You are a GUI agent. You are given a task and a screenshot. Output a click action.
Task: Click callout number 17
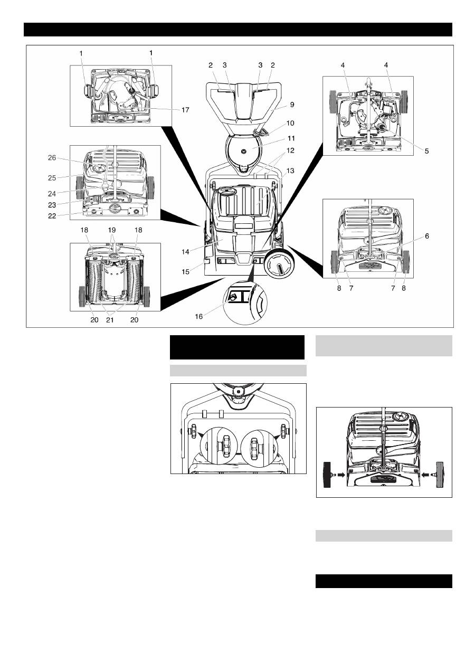click(x=185, y=110)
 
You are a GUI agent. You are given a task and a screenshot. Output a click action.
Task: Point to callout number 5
click(x=427, y=151)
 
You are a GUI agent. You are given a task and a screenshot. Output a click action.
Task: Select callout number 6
click(x=427, y=236)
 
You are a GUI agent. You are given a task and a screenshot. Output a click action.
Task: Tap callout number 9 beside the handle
click(x=292, y=105)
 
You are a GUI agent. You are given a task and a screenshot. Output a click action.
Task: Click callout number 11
click(x=291, y=138)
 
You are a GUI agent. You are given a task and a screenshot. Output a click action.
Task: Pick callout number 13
click(x=290, y=171)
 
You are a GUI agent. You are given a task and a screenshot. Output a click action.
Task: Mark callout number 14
click(x=185, y=252)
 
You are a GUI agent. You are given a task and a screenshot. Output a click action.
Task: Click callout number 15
click(x=185, y=271)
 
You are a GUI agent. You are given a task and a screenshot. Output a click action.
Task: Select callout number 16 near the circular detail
click(x=199, y=316)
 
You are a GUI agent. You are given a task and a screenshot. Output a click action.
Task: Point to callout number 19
click(x=111, y=230)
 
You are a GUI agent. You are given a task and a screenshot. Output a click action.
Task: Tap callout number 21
click(x=110, y=320)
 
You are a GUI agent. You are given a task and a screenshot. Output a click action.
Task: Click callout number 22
click(x=52, y=216)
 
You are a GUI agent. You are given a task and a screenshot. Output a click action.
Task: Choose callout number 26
click(x=52, y=158)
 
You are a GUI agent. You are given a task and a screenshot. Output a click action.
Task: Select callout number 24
click(x=52, y=194)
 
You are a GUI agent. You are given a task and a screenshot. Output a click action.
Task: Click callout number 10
click(x=290, y=123)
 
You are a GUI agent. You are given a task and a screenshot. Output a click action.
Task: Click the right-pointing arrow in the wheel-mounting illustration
click(x=341, y=475)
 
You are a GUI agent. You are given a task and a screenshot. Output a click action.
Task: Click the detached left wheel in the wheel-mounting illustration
click(x=328, y=475)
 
